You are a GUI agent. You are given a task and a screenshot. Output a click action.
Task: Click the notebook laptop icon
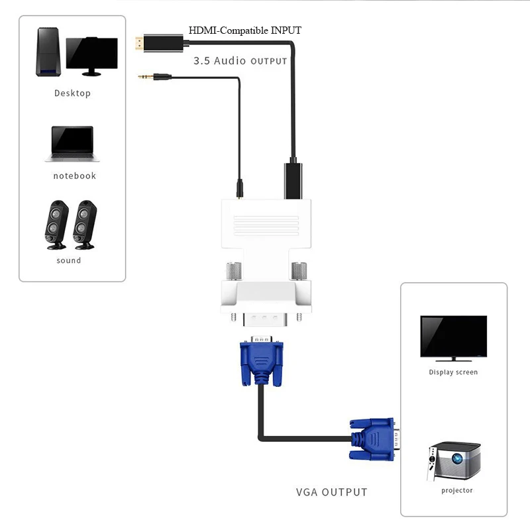click(x=73, y=144)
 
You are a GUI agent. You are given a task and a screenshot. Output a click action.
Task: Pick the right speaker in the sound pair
click(x=84, y=225)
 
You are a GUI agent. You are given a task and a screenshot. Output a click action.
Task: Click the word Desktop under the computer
click(x=72, y=93)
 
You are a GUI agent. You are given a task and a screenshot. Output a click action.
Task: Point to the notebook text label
click(x=74, y=176)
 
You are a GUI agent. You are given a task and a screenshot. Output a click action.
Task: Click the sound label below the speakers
click(x=69, y=260)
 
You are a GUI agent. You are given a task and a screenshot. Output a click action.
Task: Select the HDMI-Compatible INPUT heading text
click(x=245, y=30)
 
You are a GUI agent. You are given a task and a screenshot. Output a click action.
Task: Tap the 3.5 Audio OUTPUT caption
click(x=240, y=61)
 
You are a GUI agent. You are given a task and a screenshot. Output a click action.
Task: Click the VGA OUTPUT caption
click(x=331, y=492)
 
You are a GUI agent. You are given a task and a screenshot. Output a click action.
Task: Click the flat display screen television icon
click(x=453, y=338)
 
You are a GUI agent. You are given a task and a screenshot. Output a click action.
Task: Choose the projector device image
click(x=453, y=460)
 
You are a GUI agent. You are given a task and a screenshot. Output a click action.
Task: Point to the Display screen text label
click(x=453, y=372)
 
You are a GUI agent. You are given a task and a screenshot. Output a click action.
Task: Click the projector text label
click(x=457, y=490)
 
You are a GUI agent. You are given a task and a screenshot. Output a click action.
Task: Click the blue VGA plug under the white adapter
click(x=262, y=361)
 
